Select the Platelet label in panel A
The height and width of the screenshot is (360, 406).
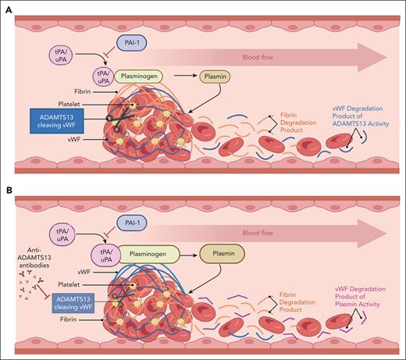click(71, 101)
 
